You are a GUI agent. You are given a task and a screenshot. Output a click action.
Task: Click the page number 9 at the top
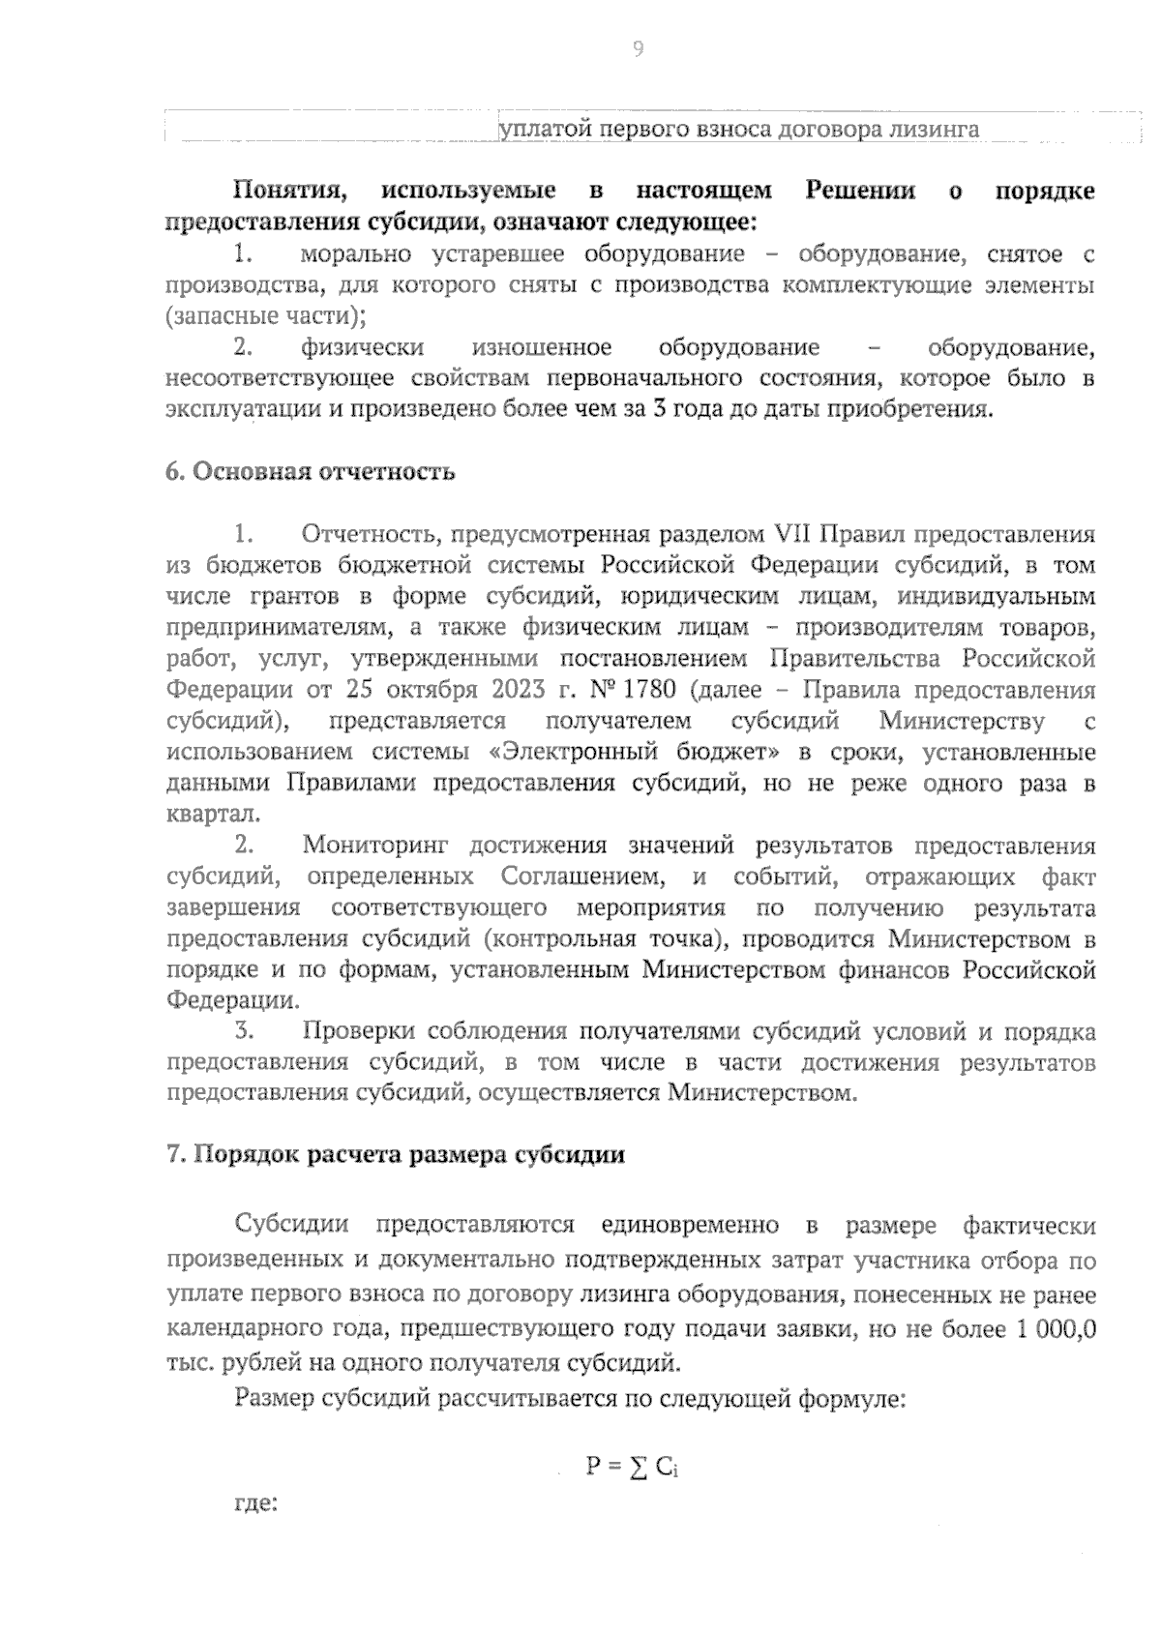click(x=638, y=49)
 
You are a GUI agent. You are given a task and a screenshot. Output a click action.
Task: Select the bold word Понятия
click(x=284, y=191)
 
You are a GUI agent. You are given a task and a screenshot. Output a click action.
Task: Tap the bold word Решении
click(x=860, y=191)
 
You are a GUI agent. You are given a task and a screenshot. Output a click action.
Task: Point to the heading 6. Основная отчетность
click(x=311, y=472)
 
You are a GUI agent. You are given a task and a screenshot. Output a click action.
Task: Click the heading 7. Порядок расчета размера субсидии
click(x=396, y=1155)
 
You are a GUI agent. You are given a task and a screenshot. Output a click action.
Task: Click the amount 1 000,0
click(x=1056, y=1329)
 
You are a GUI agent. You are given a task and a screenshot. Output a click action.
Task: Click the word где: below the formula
click(x=256, y=1505)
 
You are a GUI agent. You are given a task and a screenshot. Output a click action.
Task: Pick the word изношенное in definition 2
click(x=542, y=348)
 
